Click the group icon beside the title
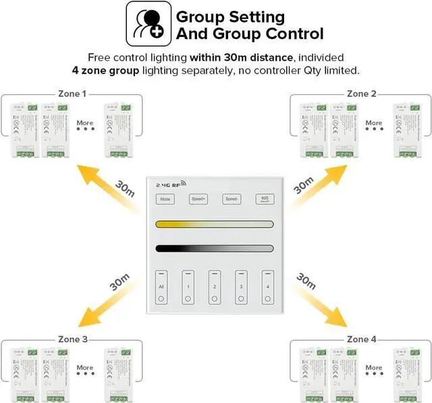pyautogui.click(x=146, y=24)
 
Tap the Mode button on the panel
pyautogui.click(x=164, y=199)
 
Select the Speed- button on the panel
pyautogui.click(x=232, y=199)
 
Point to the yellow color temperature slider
pyautogui.click(x=214, y=224)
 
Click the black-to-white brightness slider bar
pyautogui.click(x=214, y=248)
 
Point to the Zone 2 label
pyautogui.click(x=361, y=94)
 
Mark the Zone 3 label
pyautogui.click(x=72, y=339)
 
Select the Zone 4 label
pyautogui.click(x=361, y=339)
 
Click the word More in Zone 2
pyautogui.click(x=373, y=123)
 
